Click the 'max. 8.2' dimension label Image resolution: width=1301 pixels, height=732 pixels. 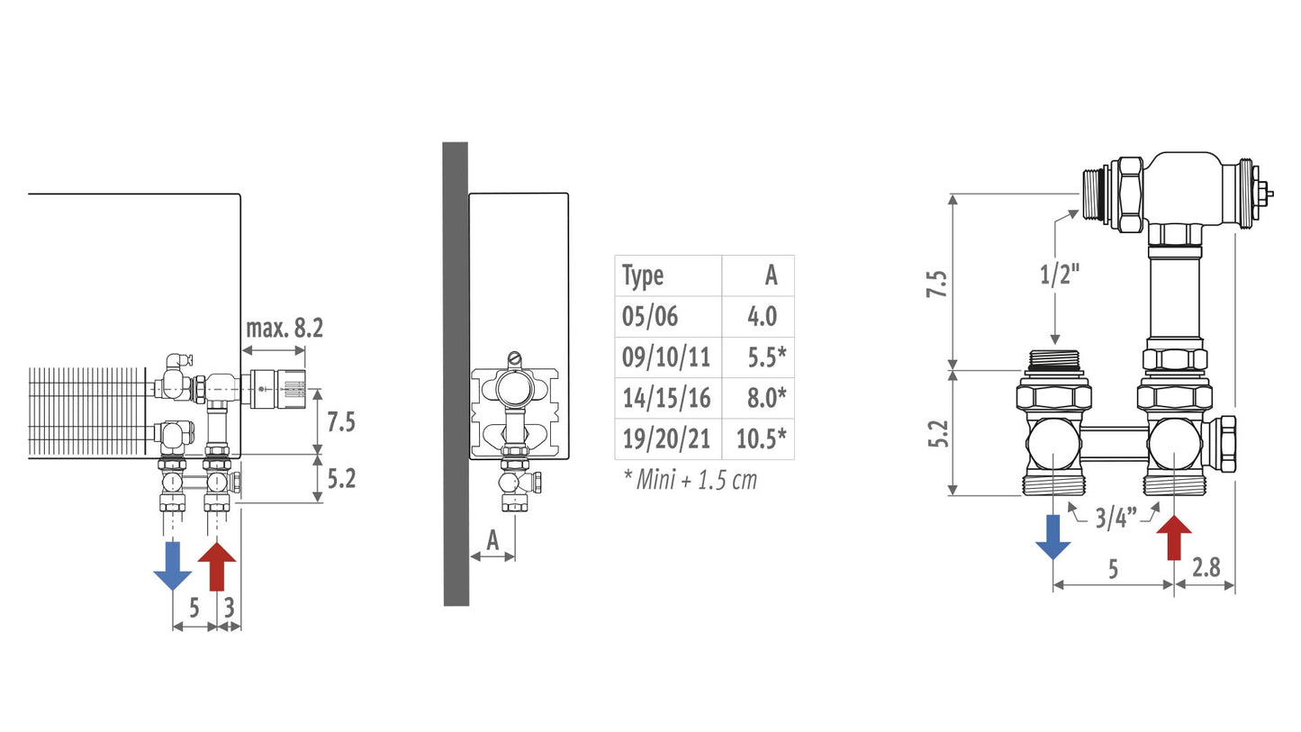pos(284,329)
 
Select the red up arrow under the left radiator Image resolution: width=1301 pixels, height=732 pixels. pos(217,565)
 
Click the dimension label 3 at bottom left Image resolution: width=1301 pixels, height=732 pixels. pos(230,608)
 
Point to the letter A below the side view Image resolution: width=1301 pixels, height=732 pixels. pos(492,540)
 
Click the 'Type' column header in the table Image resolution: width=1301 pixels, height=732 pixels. pos(642,276)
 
